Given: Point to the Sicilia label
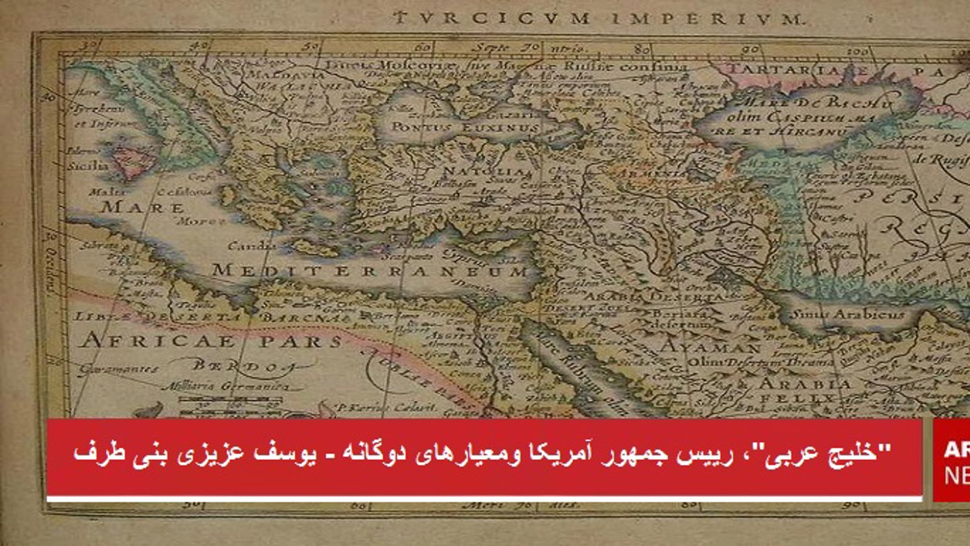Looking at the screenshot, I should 87,165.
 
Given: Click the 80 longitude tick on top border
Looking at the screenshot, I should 643,48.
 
